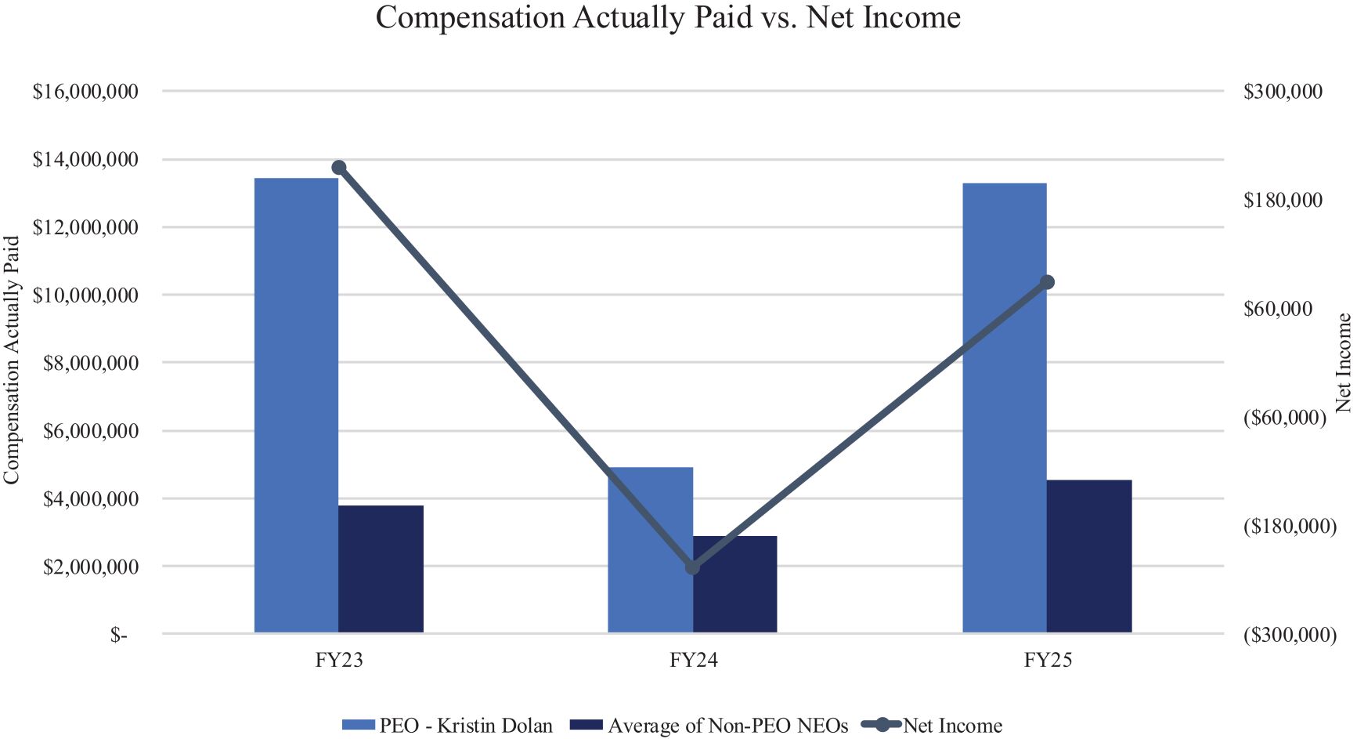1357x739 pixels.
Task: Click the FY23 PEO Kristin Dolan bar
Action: pyautogui.click(x=297, y=405)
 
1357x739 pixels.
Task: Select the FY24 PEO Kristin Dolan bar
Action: pyautogui.click(x=651, y=550)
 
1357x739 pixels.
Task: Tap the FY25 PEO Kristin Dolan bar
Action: pyautogui.click(x=1005, y=408)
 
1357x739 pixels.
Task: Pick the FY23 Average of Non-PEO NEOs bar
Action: pyautogui.click(x=381, y=569)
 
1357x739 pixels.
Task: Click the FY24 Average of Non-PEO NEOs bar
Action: pyautogui.click(x=735, y=585)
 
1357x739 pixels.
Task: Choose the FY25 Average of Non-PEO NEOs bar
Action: pyautogui.click(x=1089, y=556)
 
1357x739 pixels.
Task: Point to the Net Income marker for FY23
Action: pyautogui.click(x=339, y=168)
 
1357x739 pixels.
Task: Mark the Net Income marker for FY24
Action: pyautogui.click(x=693, y=567)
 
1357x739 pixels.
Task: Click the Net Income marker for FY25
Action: pyautogui.click(x=1048, y=282)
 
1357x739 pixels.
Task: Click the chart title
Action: pyautogui.click(x=668, y=17)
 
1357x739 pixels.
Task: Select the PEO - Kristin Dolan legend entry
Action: pyautogui.click(x=447, y=726)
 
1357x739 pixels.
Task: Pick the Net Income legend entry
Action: pyautogui.click(x=932, y=726)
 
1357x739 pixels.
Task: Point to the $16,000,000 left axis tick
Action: pyautogui.click(x=85, y=92)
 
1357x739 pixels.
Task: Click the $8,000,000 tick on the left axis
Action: pyautogui.click(x=91, y=363)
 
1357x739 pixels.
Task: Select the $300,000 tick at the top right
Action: pyautogui.click(x=1283, y=92)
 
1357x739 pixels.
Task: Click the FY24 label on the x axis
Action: pyautogui.click(x=694, y=660)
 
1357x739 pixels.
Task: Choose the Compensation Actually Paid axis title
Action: pyautogui.click(x=11, y=360)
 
